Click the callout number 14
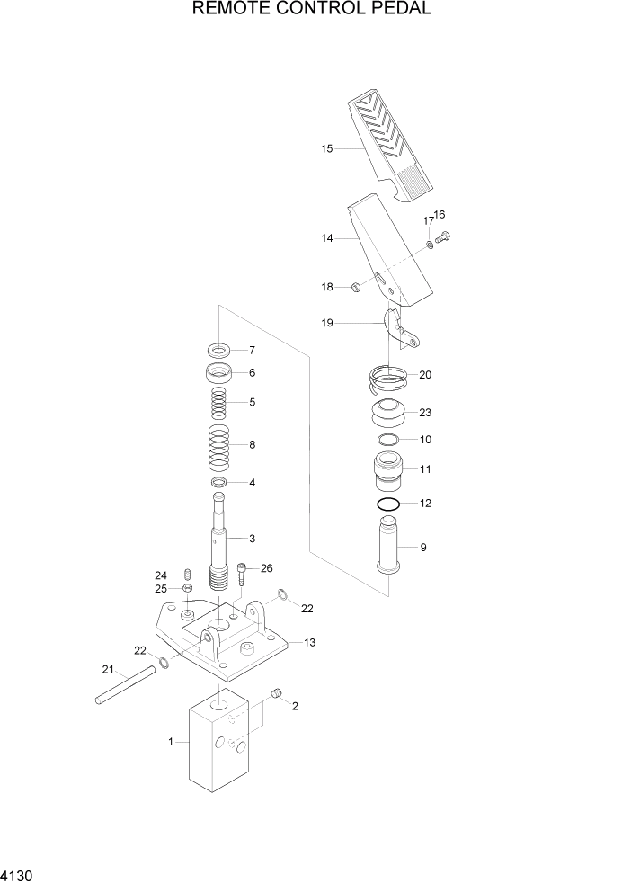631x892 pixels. pyautogui.click(x=326, y=238)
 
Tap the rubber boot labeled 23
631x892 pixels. pyautogui.click(x=388, y=414)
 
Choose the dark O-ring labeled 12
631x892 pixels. pyautogui.click(x=388, y=503)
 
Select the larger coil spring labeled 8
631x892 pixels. pyautogui.click(x=218, y=447)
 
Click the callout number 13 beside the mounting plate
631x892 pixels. pyautogui.click(x=310, y=642)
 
